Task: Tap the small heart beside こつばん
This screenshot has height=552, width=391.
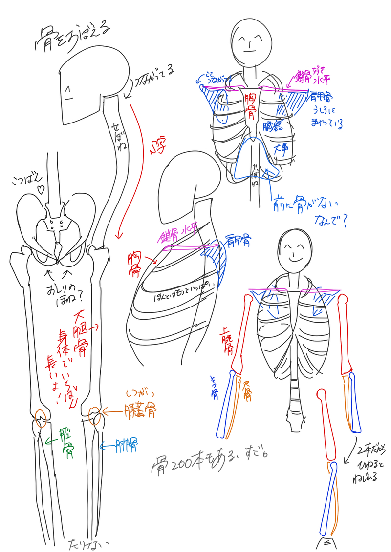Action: (x=42, y=188)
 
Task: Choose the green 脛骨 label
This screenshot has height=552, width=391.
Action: (x=65, y=442)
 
